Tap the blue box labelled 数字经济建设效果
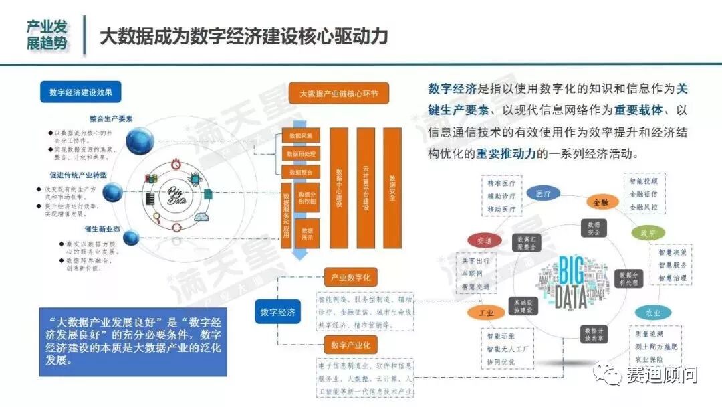[x=81, y=92]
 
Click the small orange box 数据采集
[x=301, y=136]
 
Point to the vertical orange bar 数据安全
[x=392, y=188]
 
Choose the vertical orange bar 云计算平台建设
[x=366, y=188]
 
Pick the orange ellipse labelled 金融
[x=599, y=201]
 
